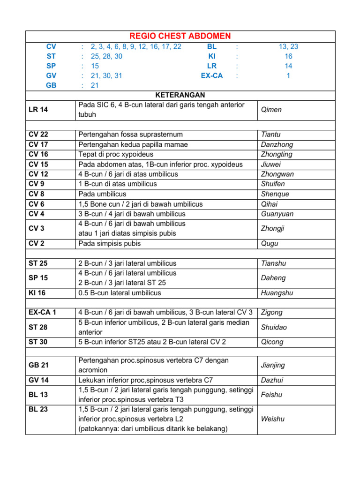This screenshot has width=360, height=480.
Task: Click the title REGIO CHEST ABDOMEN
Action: click(180, 36)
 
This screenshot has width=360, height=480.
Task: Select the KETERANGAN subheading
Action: click(180, 95)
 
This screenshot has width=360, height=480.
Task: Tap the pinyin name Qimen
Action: click(271, 110)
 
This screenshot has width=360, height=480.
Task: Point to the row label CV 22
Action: click(38, 134)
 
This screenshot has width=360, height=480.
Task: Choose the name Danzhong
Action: click(276, 144)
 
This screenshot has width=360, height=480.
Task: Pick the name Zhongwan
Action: click(277, 174)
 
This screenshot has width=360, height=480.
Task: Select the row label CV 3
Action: click(37, 228)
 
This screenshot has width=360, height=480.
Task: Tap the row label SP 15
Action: click(38, 278)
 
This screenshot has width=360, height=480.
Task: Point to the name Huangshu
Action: click(277, 293)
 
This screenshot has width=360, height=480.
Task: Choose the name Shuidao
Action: click(274, 327)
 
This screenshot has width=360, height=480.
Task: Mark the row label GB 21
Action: click(38, 365)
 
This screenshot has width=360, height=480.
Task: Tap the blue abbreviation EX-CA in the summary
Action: click(211, 75)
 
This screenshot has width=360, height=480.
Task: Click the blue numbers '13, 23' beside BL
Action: click(288, 46)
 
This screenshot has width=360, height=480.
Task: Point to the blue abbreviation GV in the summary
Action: click(51, 75)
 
